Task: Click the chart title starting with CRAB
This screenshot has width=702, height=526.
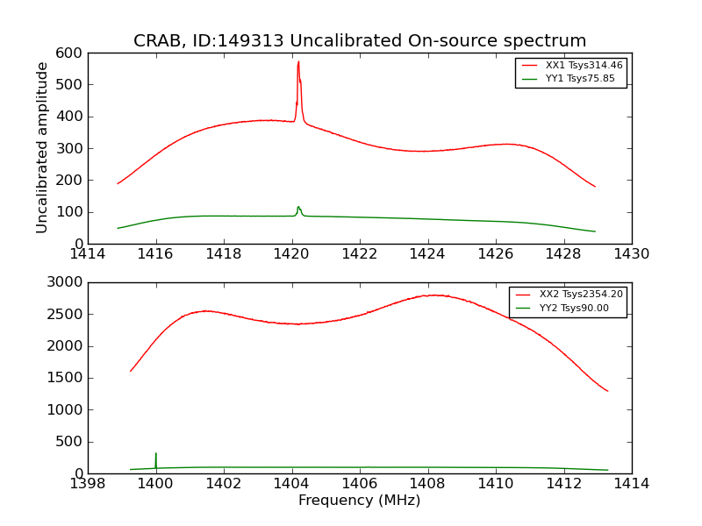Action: (x=360, y=41)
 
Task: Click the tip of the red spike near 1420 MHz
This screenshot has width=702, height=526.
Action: (x=298, y=61)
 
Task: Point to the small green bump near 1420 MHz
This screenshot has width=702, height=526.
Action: (x=298, y=208)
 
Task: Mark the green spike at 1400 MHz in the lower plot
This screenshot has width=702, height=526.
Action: (x=156, y=454)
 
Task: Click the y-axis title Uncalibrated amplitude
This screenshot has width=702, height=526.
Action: (x=42, y=147)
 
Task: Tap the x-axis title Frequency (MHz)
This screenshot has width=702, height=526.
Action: (x=360, y=501)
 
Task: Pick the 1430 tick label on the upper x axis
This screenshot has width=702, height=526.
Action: (x=632, y=253)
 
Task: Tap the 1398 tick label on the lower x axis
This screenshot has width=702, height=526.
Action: (x=88, y=483)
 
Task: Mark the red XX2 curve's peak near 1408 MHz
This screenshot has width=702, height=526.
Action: (x=433, y=295)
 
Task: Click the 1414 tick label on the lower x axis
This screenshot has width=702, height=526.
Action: (x=632, y=483)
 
